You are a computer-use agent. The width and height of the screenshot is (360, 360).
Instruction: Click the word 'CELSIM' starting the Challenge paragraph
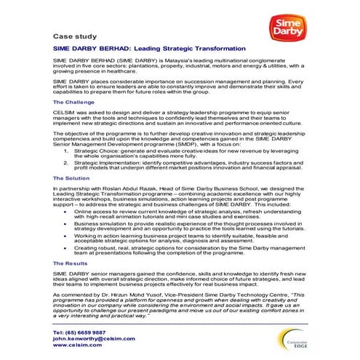click(x=64, y=114)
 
